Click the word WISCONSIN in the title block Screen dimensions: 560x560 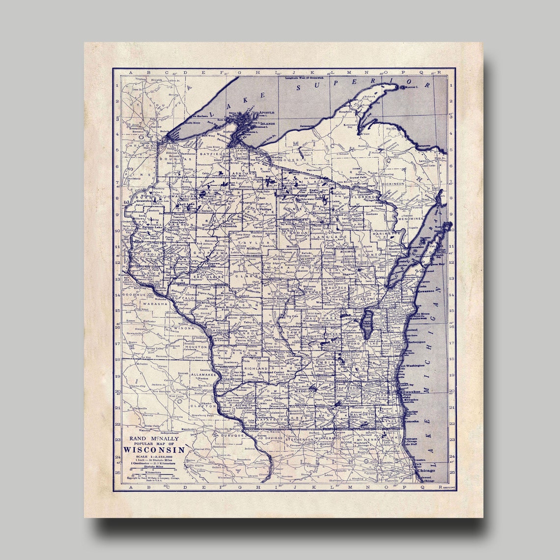154,449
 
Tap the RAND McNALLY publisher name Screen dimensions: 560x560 154,438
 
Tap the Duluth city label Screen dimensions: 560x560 165,131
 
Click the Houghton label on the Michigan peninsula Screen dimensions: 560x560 346,112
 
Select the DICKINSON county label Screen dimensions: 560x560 393,183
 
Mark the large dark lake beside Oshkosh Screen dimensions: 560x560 367,325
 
